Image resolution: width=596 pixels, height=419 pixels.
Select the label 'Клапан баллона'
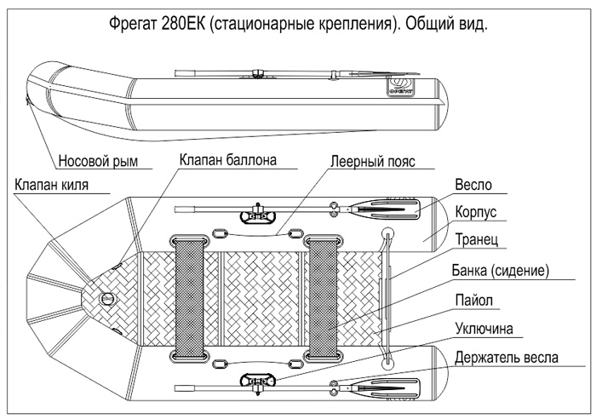point(227,159)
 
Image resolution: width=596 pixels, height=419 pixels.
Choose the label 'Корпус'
point(476,210)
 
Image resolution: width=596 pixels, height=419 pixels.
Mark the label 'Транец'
point(477,239)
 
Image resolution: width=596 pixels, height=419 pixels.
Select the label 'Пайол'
point(474,300)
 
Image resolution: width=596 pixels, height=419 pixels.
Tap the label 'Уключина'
point(489,328)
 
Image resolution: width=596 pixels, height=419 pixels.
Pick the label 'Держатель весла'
point(507,357)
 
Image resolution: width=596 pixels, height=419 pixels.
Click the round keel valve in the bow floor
point(107,298)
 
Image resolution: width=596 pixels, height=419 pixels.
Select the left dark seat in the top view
point(190,296)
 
